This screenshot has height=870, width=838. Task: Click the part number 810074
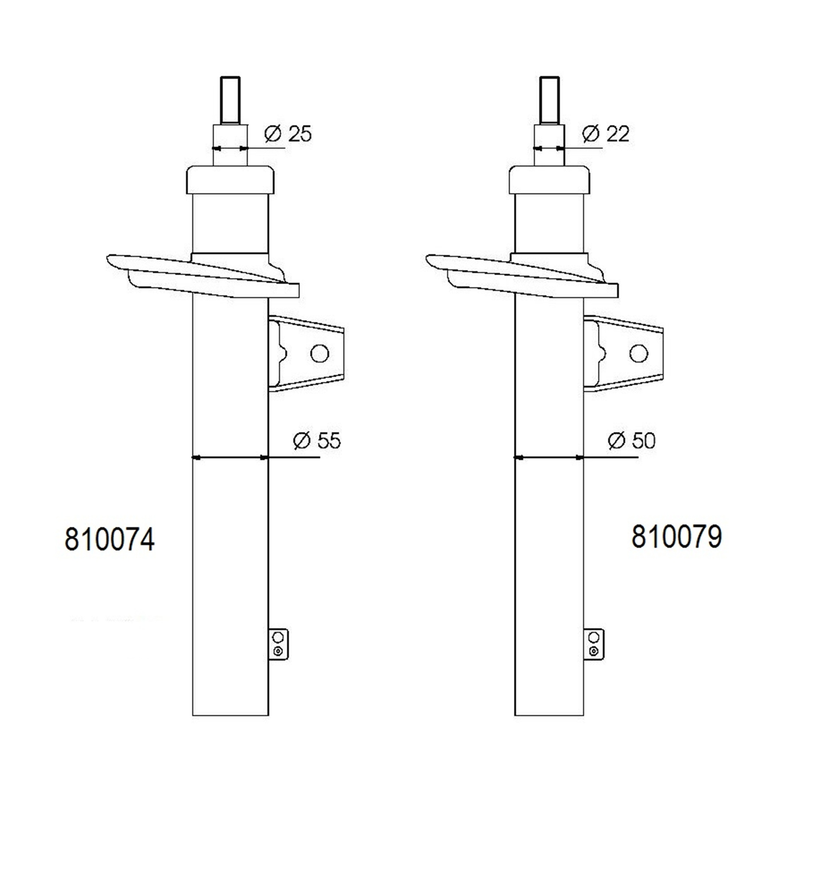coord(110,539)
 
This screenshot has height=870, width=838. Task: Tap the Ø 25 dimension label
coord(288,134)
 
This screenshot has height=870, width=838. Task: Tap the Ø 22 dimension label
coord(605,134)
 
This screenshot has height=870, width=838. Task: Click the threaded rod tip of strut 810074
coord(230,100)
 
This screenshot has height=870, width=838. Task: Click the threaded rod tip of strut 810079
coord(549,100)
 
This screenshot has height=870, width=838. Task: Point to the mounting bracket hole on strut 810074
coord(320,353)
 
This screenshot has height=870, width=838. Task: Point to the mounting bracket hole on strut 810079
coord(638,353)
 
